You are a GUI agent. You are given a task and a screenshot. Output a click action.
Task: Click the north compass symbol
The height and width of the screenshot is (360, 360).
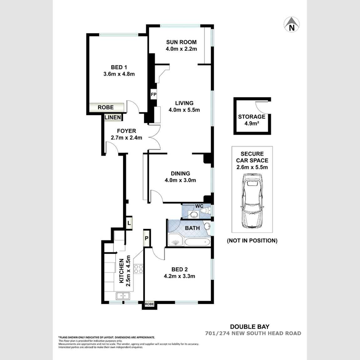coord(291,24)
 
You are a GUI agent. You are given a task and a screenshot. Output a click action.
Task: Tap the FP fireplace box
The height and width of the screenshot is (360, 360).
coord(154,94)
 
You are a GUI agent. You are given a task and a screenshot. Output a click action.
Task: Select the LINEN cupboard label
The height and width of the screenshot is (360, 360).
coord(113,117)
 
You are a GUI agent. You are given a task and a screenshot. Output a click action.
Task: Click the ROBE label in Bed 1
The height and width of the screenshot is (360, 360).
coord(105,107)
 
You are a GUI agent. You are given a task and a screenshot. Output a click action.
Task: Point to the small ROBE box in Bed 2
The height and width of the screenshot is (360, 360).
coord(149,304)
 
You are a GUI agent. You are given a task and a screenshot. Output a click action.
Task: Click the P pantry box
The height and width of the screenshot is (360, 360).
coord(147,238)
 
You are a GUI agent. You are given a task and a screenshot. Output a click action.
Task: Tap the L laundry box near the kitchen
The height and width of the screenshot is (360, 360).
coord(129,223)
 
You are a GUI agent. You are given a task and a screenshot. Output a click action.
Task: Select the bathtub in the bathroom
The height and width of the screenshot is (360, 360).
coord(197,242)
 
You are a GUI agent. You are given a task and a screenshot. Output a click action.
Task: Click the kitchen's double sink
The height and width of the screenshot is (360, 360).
coord(123,296)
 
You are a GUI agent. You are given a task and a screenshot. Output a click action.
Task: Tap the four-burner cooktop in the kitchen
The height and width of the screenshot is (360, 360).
coord(138,269)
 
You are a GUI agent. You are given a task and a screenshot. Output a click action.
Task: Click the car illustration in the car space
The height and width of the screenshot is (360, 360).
coord(252,200)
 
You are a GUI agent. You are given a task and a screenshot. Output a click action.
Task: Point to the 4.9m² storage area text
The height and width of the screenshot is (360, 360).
coord(252,124)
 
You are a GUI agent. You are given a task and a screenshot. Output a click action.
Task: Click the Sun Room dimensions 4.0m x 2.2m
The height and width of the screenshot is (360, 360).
coord(181,49)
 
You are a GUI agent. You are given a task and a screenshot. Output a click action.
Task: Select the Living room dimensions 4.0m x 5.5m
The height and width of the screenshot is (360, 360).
coord(184,110)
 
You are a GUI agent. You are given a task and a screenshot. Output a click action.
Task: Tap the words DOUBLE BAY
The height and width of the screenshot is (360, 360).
coord(249,327)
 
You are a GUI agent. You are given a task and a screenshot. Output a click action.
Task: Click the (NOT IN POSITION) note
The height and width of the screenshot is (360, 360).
coord(252,240)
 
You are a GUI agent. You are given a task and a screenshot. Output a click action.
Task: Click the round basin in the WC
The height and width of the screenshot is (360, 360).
coord(194,215)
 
